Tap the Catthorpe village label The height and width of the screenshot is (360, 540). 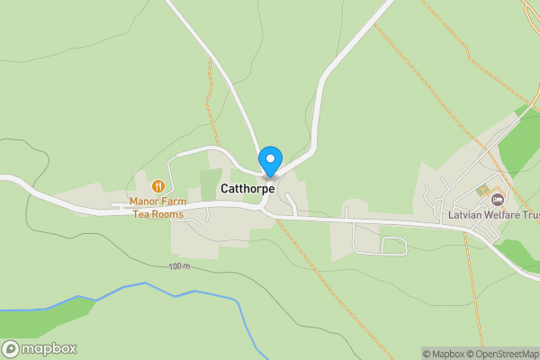click(247, 190)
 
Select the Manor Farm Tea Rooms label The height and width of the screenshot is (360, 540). click(157, 208)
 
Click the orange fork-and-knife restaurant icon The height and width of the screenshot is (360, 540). click(158, 186)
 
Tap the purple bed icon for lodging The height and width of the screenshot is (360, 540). click(497, 200)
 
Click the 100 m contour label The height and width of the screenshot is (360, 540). click(180, 267)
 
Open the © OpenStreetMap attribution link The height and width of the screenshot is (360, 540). click(506, 354)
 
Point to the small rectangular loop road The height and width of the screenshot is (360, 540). click(394, 245)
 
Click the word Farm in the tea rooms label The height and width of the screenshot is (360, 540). click(173, 202)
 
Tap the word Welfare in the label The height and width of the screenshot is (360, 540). click(501, 215)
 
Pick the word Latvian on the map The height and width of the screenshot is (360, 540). click(465, 215)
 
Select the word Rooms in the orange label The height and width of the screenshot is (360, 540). click(168, 214)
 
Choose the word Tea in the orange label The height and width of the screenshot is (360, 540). click(142, 214)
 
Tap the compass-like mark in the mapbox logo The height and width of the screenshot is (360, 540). click(12, 349)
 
